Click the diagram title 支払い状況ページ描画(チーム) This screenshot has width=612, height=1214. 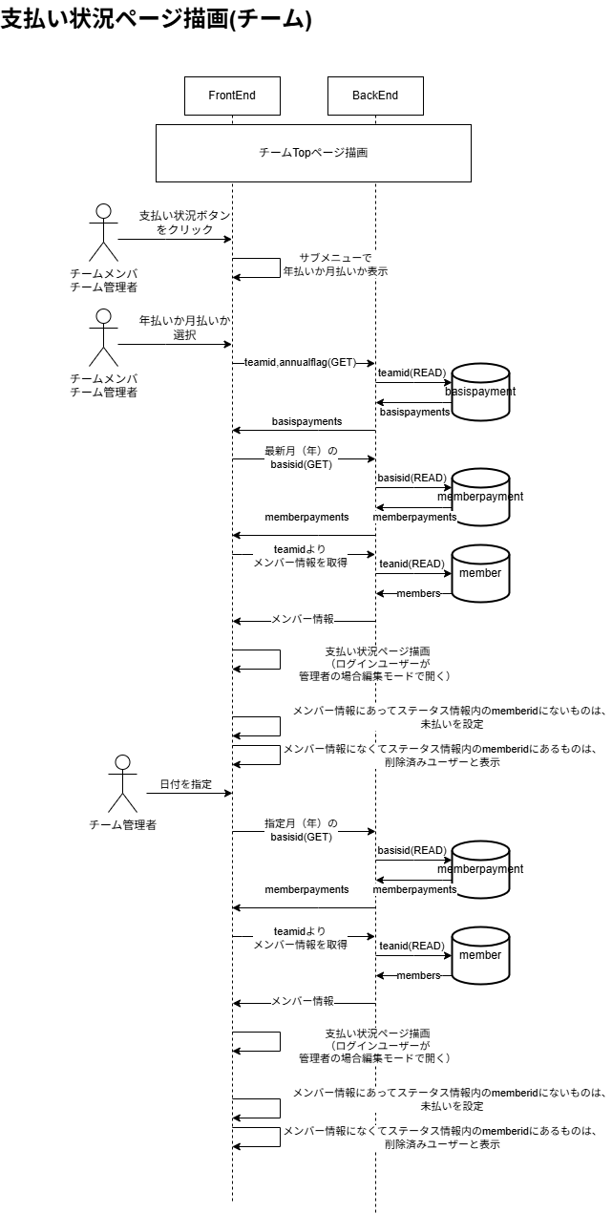157,20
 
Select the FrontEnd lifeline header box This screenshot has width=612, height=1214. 232,96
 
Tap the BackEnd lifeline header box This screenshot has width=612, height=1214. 375,96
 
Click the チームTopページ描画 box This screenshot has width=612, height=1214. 313,153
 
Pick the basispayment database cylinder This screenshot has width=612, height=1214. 480,391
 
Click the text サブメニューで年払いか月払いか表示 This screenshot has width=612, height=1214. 334,265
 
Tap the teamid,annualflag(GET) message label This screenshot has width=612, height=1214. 299,363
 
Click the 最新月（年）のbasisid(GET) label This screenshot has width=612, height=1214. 301,457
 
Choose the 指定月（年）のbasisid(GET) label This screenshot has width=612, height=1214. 301,829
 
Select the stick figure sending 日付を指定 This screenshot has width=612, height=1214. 121,784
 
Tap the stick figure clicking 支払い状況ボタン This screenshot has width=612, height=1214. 103,231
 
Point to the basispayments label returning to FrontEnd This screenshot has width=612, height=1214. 306,421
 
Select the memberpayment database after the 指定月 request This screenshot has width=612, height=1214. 480,868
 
